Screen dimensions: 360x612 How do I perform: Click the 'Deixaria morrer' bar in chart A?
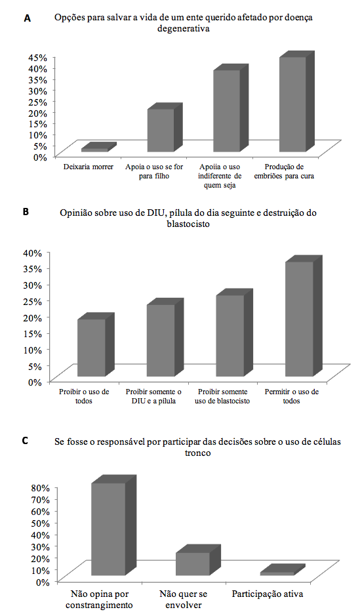[98, 148]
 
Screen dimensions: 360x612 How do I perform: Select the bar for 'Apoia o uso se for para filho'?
[165, 128]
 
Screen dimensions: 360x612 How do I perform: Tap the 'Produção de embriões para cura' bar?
[296, 102]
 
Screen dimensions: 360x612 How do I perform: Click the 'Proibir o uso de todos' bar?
[96, 345]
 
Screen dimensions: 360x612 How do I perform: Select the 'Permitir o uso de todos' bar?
[304, 317]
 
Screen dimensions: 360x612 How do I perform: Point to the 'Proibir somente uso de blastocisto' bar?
[234, 333]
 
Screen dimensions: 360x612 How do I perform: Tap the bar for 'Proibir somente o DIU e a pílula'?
[165, 338]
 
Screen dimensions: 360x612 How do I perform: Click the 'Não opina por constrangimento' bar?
[114, 525]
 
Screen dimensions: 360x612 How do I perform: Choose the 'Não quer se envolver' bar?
[198, 560]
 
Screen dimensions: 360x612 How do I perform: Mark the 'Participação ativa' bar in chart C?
[283, 570]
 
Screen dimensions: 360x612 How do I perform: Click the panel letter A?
[27, 18]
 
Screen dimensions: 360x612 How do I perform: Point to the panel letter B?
[26, 213]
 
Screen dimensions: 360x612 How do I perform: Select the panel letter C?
[25, 441]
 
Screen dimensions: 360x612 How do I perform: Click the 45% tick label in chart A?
[37, 58]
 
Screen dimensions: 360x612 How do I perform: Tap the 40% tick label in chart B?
[32, 253]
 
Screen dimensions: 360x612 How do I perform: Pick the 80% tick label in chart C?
[40, 487]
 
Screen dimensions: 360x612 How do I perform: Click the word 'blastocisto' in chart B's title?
[188, 224]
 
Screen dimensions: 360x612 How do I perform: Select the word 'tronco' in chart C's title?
[198, 453]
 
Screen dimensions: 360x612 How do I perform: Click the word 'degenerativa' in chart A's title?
[184, 29]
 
